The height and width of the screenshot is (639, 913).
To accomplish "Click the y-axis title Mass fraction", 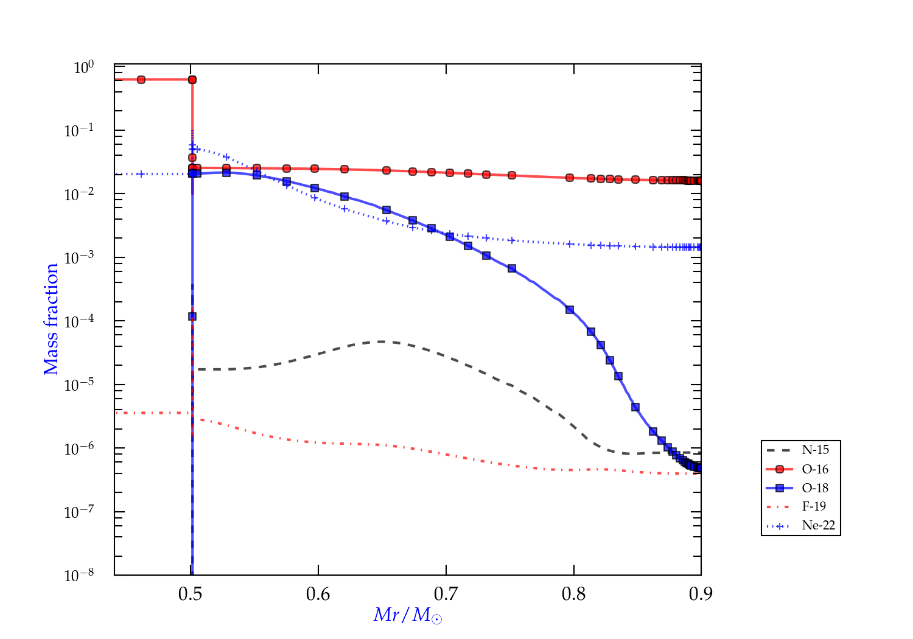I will pyautogui.click(x=51, y=319).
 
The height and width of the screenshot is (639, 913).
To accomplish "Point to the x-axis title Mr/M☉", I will pyautogui.click(x=407, y=615).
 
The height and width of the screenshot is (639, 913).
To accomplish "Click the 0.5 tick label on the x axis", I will pyautogui.click(x=191, y=594).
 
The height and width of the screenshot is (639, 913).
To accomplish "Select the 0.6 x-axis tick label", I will pyautogui.click(x=318, y=594).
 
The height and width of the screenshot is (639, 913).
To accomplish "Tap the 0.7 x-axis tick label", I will pyautogui.click(x=446, y=594).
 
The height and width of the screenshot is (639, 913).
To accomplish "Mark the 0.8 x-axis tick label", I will pyautogui.click(x=573, y=594).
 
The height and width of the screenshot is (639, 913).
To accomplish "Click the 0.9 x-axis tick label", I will pyautogui.click(x=701, y=594).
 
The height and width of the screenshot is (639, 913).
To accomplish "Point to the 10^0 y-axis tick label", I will pyautogui.click(x=83, y=67).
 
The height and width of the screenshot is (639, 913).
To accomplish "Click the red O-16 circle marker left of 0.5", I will pyautogui.click(x=141, y=80).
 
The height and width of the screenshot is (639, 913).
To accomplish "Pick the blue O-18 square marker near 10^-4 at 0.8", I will pyautogui.click(x=570, y=310).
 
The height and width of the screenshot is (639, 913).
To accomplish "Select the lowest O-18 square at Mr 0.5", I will pyautogui.click(x=192, y=316).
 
